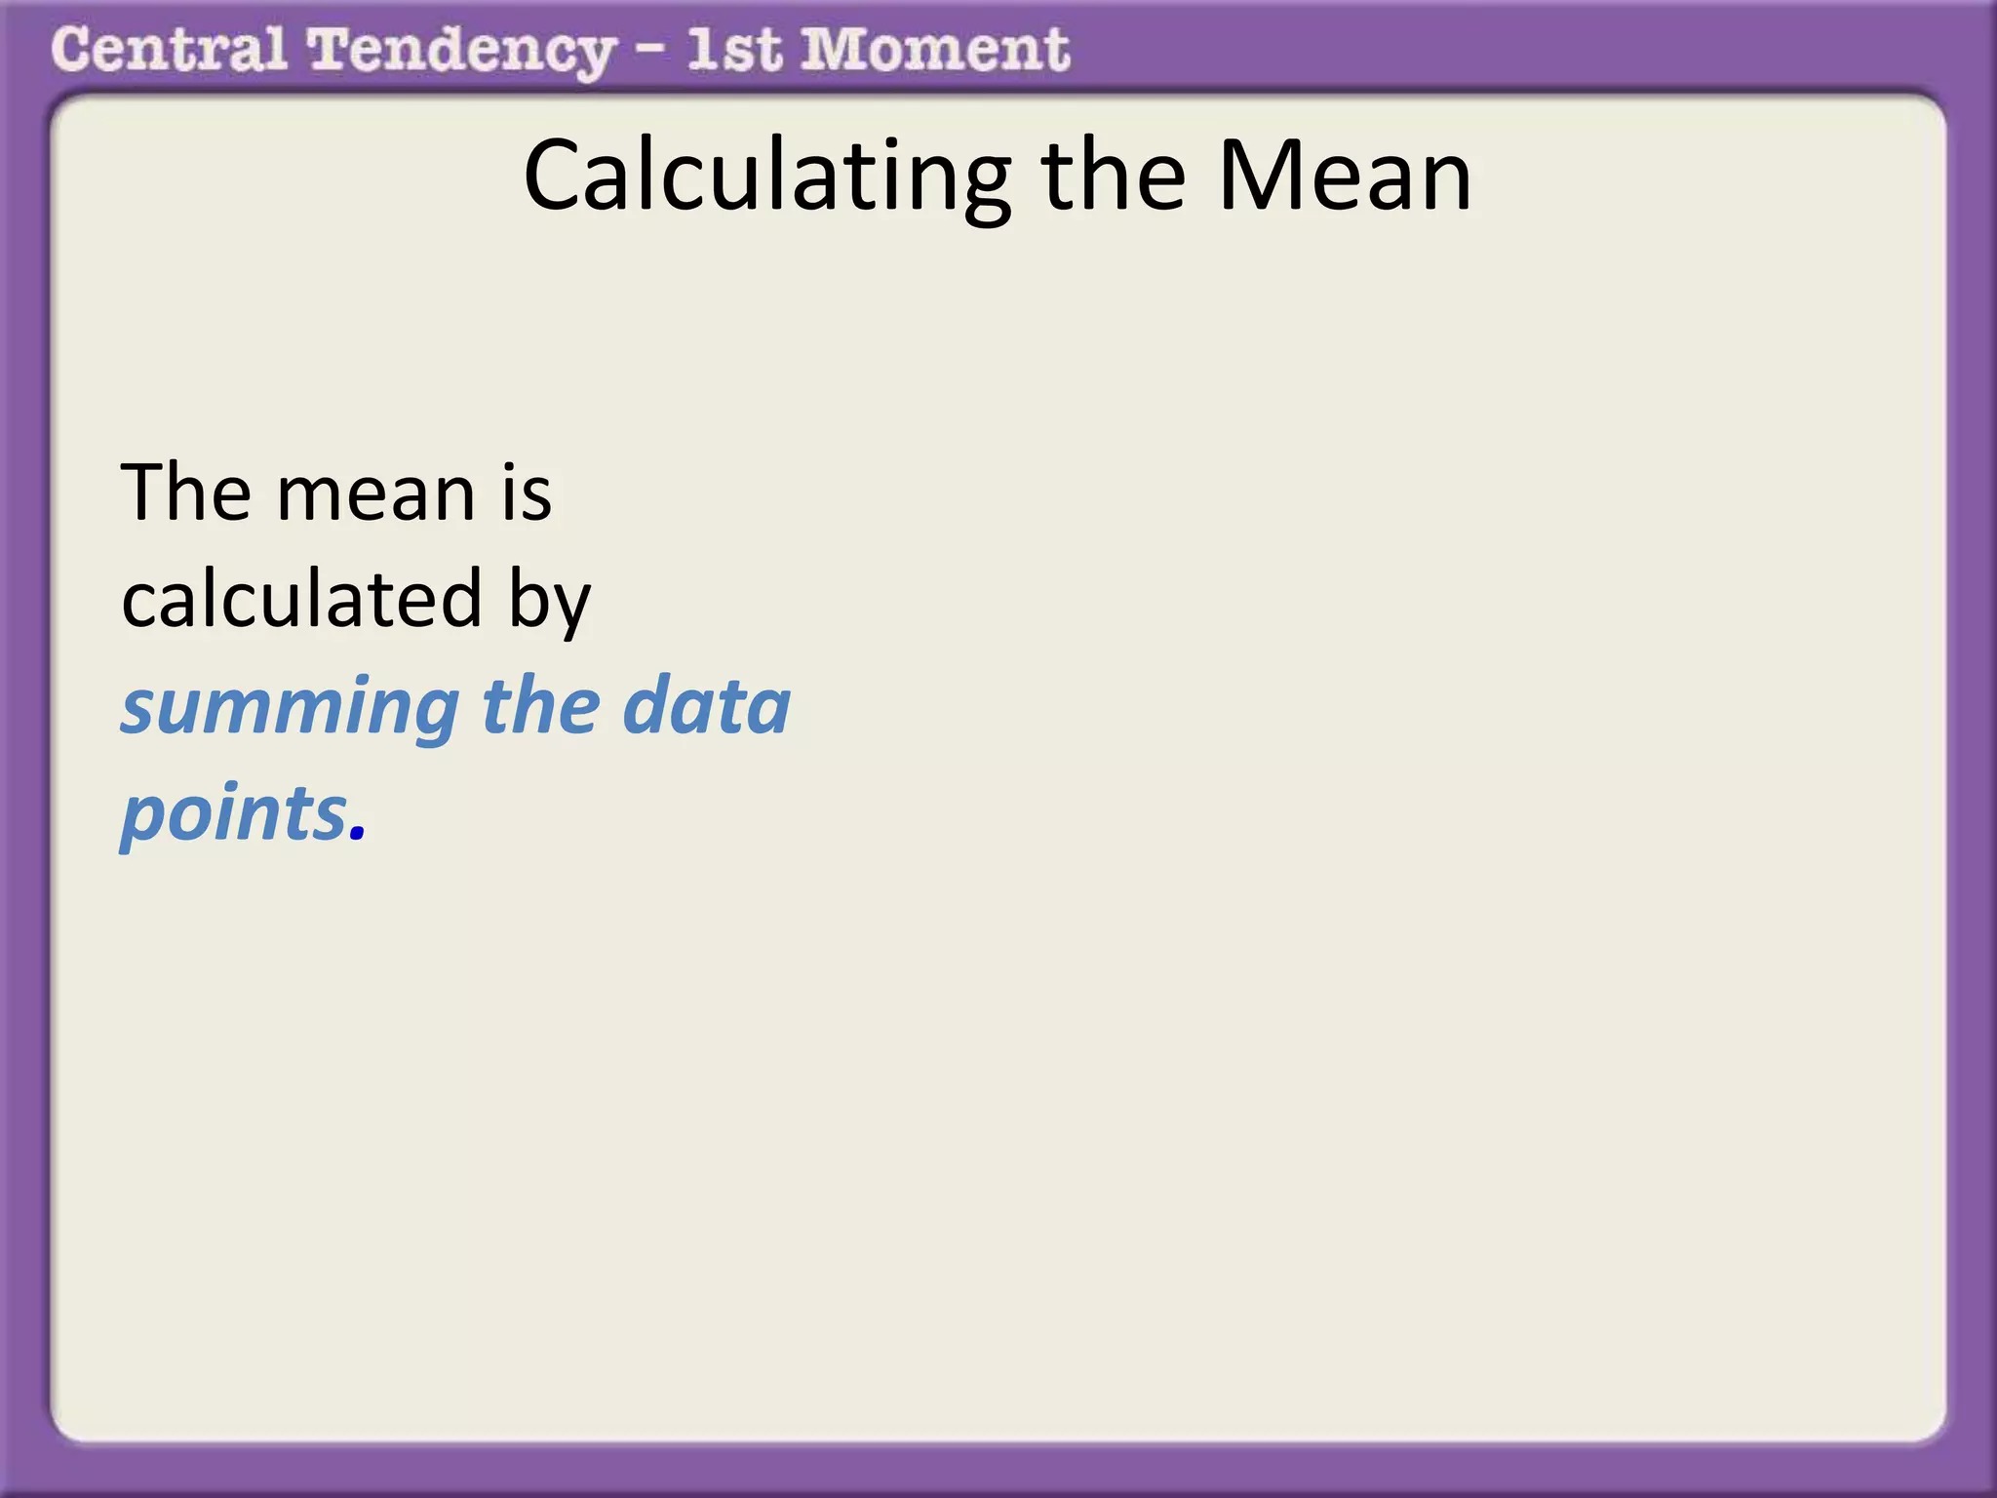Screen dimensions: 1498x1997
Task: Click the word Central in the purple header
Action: [x=169, y=50]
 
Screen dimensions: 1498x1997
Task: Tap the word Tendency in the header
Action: [x=461, y=52]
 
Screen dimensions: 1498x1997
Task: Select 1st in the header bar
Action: [x=733, y=50]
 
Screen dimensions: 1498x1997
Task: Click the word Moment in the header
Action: [x=935, y=50]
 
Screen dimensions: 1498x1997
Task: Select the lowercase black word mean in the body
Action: [x=376, y=493]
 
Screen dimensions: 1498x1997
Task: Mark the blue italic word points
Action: [x=234, y=813]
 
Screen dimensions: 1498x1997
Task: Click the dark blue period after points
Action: [x=357, y=834]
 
